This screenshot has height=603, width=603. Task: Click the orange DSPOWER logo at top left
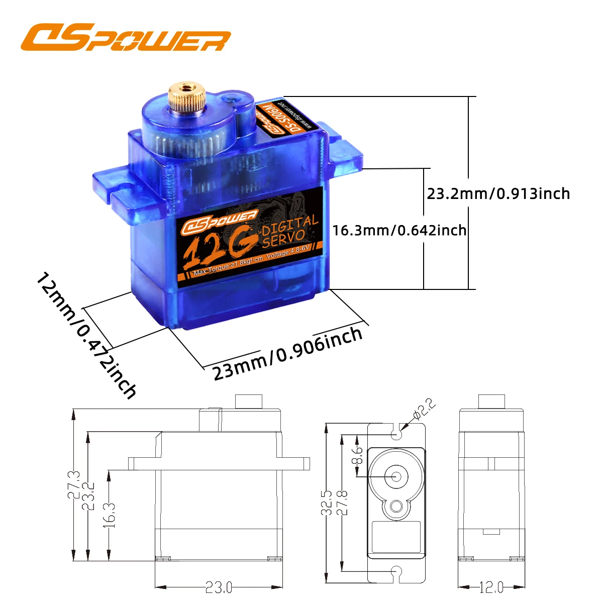(126, 38)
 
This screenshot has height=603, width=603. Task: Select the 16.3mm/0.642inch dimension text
(399, 230)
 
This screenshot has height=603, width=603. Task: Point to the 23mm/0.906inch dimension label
(287, 354)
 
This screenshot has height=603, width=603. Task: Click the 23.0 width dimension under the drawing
(219, 587)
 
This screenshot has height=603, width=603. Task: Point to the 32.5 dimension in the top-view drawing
(328, 502)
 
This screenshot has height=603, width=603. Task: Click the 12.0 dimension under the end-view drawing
(491, 587)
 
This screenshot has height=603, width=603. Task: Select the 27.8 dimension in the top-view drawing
(342, 502)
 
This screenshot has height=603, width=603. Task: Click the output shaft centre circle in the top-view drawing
(394, 475)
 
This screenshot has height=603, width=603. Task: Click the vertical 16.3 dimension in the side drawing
(111, 515)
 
